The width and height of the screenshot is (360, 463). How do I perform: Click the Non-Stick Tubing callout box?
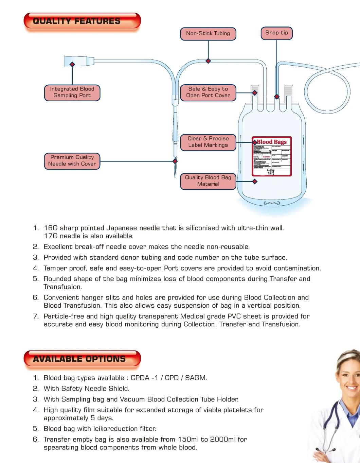pos(208,33)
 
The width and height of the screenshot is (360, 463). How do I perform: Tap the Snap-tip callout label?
pos(276,33)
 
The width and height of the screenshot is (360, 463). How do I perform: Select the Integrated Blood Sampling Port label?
pos(72,92)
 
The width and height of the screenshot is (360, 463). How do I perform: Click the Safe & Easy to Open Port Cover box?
pos(208,92)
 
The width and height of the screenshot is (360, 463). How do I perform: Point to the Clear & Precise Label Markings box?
pos(208,142)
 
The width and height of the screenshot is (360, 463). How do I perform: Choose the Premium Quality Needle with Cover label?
pos(72,160)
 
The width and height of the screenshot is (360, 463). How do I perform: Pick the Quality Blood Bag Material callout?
pos(208,181)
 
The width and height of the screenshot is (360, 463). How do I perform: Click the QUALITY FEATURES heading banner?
pos(82,21)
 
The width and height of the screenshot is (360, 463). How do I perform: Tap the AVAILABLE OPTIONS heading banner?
pos(82,359)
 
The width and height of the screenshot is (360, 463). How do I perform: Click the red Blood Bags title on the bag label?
pos(271,142)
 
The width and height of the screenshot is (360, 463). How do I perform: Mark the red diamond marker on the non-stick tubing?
pos(208,61)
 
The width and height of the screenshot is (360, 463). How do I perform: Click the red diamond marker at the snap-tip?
pos(277,97)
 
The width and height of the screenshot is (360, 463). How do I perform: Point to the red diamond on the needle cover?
pos(175,161)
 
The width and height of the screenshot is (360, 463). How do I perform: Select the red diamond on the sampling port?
pos(72,64)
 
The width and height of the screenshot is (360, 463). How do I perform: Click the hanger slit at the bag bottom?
pos(271,203)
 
